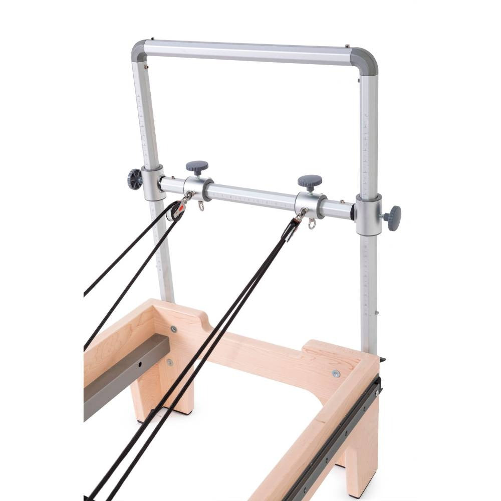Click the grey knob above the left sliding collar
click(197, 166)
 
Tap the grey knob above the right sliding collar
click(310, 181)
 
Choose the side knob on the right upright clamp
click(394, 218)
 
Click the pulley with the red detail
click(175, 210)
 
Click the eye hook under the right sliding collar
click(313, 223)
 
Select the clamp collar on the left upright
click(152, 183)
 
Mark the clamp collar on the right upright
click(369, 214)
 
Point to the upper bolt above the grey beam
click(173, 329)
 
